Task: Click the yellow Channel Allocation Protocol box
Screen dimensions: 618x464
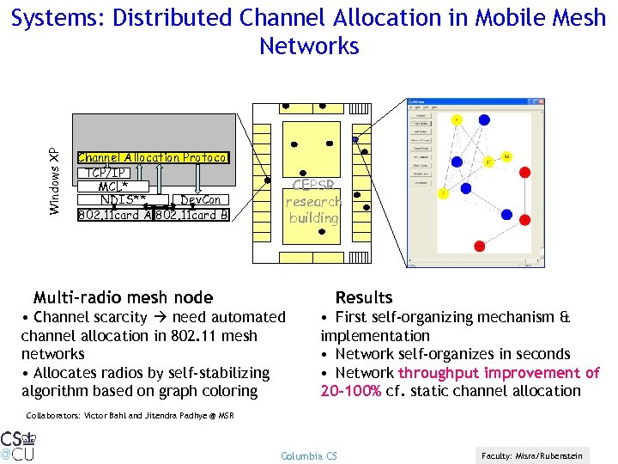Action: (x=153, y=157)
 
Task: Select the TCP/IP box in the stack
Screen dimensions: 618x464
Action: (x=108, y=172)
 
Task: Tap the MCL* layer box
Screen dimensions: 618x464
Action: (x=113, y=186)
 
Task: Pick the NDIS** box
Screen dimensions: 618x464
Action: (x=123, y=200)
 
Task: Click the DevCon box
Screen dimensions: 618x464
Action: (x=201, y=200)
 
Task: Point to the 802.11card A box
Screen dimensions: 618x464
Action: (x=114, y=215)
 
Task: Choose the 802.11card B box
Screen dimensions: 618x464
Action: (x=192, y=215)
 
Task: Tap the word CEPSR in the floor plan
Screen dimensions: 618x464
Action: (x=313, y=185)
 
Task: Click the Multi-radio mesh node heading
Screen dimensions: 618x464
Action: (x=123, y=298)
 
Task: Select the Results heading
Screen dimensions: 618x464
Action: (x=364, y=298)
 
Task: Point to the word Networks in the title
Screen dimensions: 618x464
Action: (x=309, y=46)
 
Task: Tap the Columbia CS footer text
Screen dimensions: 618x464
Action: (x=309, y=455)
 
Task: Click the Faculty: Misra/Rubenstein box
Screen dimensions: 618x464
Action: (x=532, y=455)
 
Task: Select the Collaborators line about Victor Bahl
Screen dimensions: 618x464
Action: (x=130, y=415)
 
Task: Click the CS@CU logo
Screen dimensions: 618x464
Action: (x=19, y=444)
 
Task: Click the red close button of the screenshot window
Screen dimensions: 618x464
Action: (x=540, y=101)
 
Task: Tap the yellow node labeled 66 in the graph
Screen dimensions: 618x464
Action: (x=506, y=156)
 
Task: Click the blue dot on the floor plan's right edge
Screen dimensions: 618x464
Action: (x=355, y=139)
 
